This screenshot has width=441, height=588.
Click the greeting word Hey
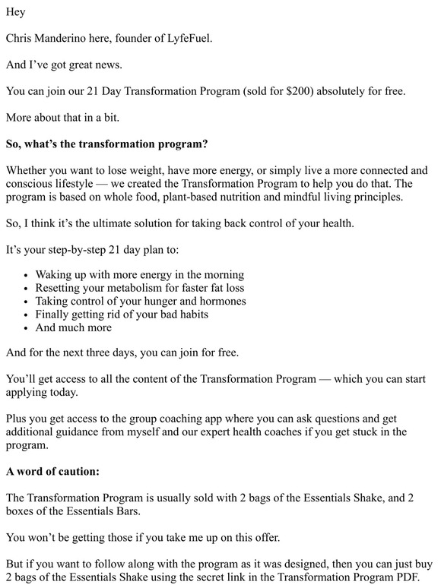(15, 12)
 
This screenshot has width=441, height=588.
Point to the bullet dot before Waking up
(27, 275)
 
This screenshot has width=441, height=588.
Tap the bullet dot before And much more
(27, 327)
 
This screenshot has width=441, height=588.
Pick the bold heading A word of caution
(52, 471)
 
